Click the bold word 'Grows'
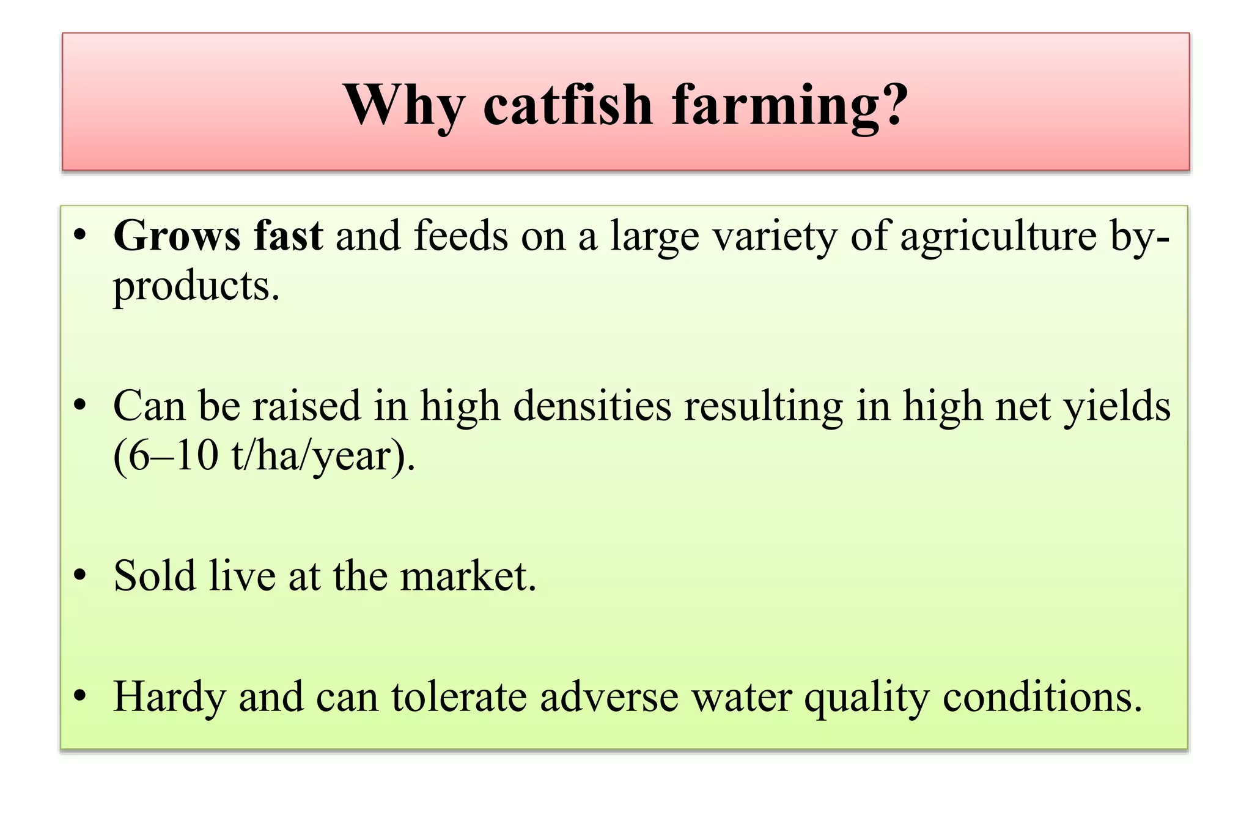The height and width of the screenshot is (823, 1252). pyautogui.click(x=177, y=236)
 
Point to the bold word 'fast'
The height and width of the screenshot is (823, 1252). pyautogui.click(x=288, y=236)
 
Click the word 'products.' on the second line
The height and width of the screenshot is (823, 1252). pyautogui.click(x=196, y=286)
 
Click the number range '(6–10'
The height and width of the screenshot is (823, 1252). pyautogui.click(x=166, y=456)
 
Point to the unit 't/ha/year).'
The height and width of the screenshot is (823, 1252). pyautogui.click(x=323, y=456)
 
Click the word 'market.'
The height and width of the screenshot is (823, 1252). pyautogui.click(x=468, y=576)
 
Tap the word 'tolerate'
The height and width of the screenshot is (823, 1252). pyautogui.click(x=459, y=696)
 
